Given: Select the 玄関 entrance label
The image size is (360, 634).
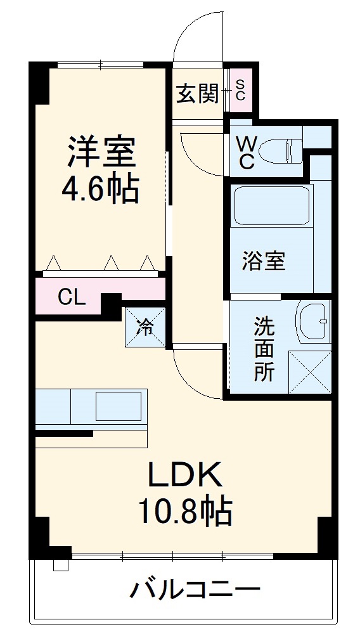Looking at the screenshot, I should pyautogui.click(x=197, y=94).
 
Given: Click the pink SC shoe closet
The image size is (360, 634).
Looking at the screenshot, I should pyautogui.click(x=240, y=90).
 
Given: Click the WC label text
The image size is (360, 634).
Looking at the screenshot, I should pyautogui.click(x=246, y=153).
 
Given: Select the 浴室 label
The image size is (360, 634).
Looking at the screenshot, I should pyautogui.click(x=264, y=261).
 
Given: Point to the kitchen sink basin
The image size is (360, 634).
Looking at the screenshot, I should pyautogui.click(x=118, y=404).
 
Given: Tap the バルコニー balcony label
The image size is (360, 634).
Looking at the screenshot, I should pyautogui.click(x=195, y=591).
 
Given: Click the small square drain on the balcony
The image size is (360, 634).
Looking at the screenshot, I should pyautogui.click(x=60, y=565).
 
